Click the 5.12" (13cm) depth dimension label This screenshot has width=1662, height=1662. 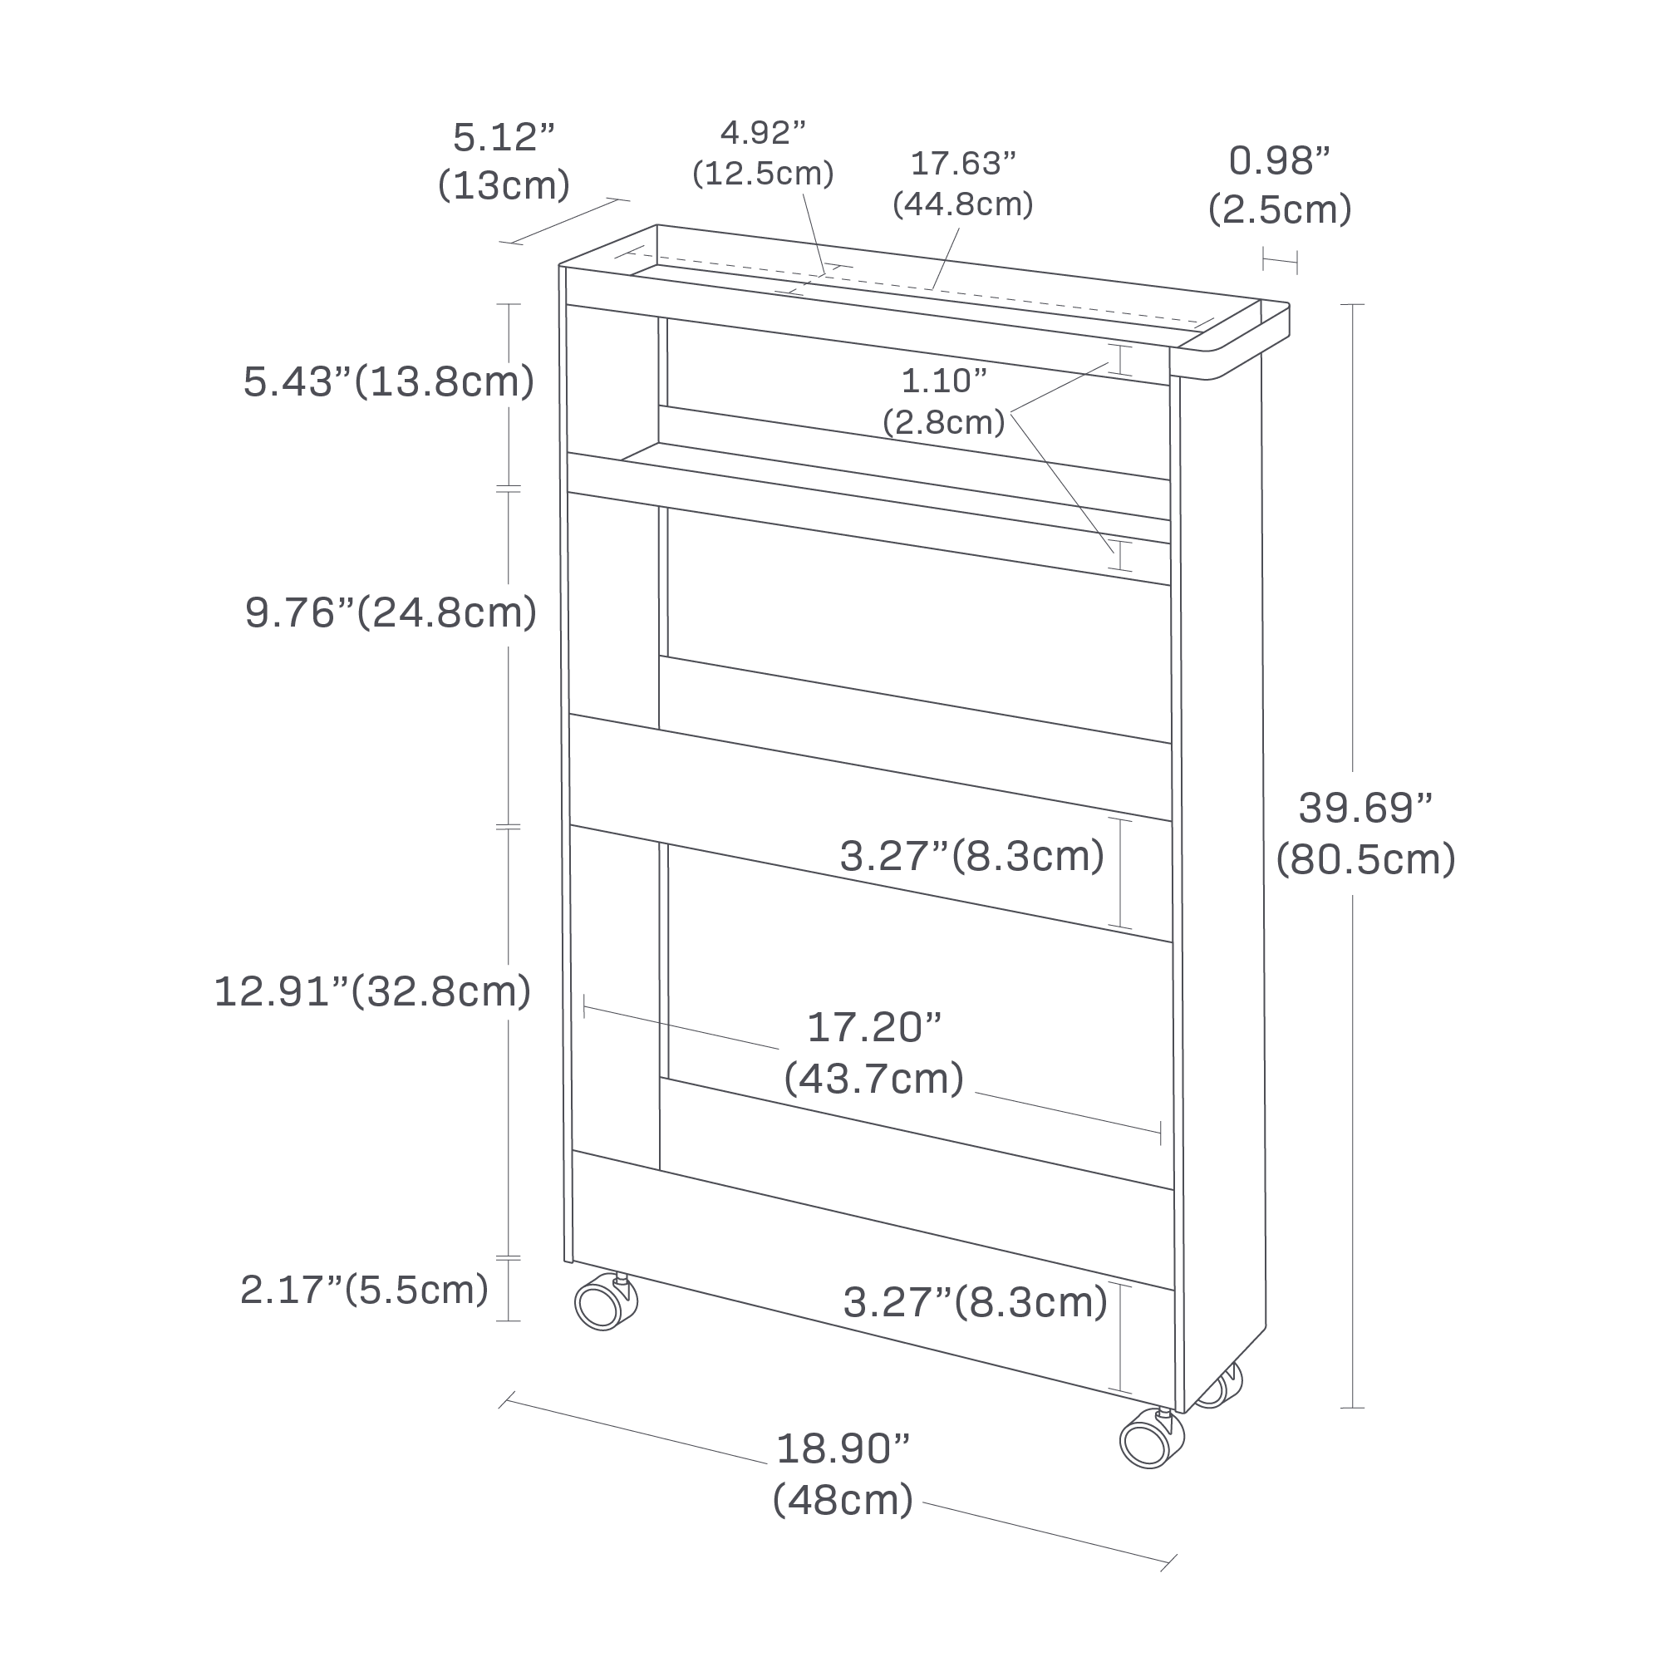(504, 162)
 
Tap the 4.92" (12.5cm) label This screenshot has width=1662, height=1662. (763, 153)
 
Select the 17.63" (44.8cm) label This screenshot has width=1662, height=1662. (962, 183)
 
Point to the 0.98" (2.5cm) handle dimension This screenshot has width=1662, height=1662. (1279, 185)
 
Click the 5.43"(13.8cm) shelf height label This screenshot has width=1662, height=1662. (389, 382)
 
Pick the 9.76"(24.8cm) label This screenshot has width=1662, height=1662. (391, 612)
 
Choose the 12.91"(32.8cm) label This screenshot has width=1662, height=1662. (372, 991)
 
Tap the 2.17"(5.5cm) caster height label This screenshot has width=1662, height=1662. (364, 1290)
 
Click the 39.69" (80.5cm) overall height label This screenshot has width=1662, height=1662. (1365, 833)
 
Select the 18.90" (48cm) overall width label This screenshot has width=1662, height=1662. (843, 1473)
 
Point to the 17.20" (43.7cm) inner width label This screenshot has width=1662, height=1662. (874, 1052)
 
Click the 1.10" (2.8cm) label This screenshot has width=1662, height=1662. (944, 401)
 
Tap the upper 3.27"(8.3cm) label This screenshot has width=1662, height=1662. (971, 856)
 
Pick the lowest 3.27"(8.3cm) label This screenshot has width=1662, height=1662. (975, 1302)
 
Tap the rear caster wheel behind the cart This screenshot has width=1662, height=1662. (1220, 1387)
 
